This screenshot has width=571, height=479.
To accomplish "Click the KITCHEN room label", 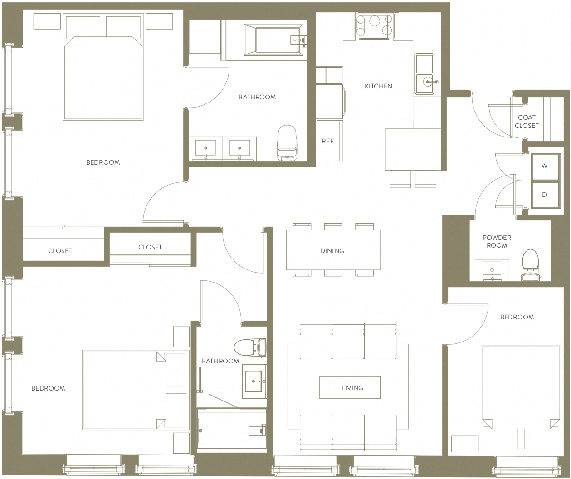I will pos(378,86).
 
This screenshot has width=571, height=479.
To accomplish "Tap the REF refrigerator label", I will pos(327,141).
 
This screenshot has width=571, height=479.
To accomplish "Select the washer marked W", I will pos(544,166).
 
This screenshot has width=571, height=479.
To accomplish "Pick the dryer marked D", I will pos(544,195).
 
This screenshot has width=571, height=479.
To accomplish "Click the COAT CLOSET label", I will pos(527,122).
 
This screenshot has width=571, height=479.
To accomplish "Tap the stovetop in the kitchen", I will pos(374,26).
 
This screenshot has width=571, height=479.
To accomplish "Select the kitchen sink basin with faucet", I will pos(425,83).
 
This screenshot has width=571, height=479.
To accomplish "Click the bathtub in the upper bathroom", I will pos(273,40).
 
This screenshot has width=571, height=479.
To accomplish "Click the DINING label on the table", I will pos(332,251).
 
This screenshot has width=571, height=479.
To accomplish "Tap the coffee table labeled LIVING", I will pos(350,388).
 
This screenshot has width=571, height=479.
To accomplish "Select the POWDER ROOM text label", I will pos(497,241).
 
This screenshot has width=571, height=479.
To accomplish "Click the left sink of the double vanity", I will pos(205,148).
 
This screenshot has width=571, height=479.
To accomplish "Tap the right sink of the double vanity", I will pos(239,148).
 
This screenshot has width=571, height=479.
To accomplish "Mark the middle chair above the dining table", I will pos(333,226).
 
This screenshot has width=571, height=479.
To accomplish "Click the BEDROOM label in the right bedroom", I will pos(517,317).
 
